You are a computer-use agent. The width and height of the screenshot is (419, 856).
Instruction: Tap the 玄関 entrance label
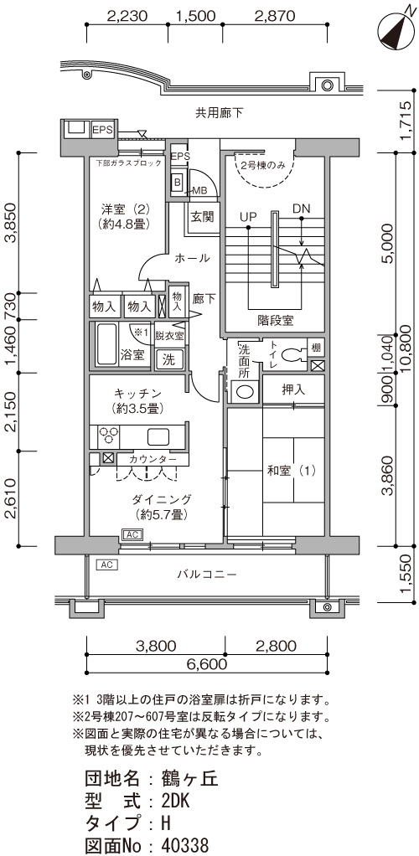click(202, 217)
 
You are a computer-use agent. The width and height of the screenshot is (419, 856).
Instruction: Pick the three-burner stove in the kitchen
click(108, 435)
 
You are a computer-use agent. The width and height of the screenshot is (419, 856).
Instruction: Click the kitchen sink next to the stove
click(159, 436)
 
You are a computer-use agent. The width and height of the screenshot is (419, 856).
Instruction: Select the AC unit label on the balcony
click(106, 565)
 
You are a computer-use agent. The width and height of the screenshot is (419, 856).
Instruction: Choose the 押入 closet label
click(294, 389)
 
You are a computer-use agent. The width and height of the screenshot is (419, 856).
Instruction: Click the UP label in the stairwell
click(249, 216)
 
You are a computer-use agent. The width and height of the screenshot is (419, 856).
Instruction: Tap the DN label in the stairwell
click(301, 209)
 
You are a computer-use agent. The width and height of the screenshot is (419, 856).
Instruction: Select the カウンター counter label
click(153, 460)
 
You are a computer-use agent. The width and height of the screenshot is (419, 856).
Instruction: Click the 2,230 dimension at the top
click(127, 16)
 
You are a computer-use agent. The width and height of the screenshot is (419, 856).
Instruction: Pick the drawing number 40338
click(185, 846)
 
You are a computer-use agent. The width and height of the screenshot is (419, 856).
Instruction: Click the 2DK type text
click(175, 802)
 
